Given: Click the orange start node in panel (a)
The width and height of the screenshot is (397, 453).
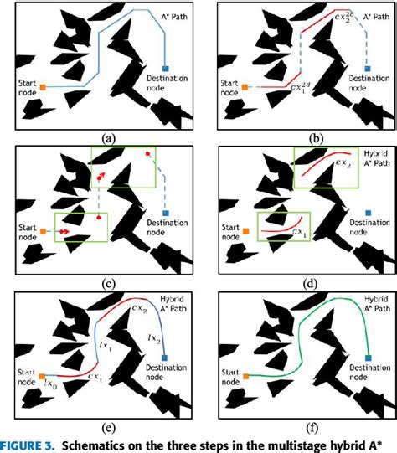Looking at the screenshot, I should tap(42, 86).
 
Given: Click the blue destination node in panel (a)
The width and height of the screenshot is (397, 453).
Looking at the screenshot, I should tap(166, 68).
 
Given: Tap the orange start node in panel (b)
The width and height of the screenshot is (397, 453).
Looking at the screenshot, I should tap(244, 86).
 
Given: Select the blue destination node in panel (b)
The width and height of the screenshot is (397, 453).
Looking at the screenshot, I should tap(367, 68).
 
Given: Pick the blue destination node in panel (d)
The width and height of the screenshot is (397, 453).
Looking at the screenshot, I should tap(367, 212).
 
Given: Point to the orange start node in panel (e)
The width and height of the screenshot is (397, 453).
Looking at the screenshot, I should tap(42, 378).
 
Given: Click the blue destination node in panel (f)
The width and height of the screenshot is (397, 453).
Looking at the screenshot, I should tap(367, 360).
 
